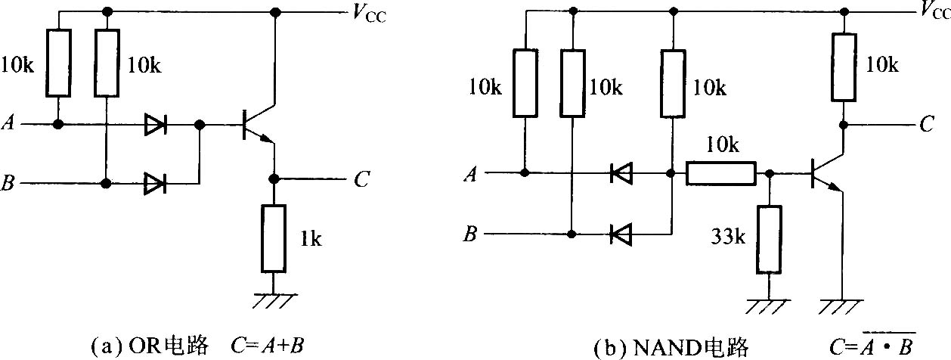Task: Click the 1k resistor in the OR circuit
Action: click(x=274, y=238)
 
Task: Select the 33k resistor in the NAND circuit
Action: click(x=769, y=240)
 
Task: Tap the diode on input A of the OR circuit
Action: click(x=155, y=124)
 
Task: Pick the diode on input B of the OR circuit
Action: click(x=155, y=183)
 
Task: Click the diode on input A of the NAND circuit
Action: click(x=621, y=173)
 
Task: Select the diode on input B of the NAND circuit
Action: click(x=621, y=234)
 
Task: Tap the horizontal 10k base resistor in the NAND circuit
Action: click(x=721, y=173)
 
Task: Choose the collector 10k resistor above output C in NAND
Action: click(x=844, y=67)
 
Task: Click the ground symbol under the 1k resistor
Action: click(x=274, y=300)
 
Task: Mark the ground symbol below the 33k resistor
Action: click(x=768, y=306)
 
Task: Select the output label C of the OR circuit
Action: click(x=361, y=178)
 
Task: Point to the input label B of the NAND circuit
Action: click(x=470, y=234)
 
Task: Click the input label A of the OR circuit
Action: click(x=8, y=123)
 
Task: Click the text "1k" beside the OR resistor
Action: click(x=311, y=239)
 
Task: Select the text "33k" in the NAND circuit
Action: click(x=728, y=237)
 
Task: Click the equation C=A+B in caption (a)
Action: click(x=268, y=346)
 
